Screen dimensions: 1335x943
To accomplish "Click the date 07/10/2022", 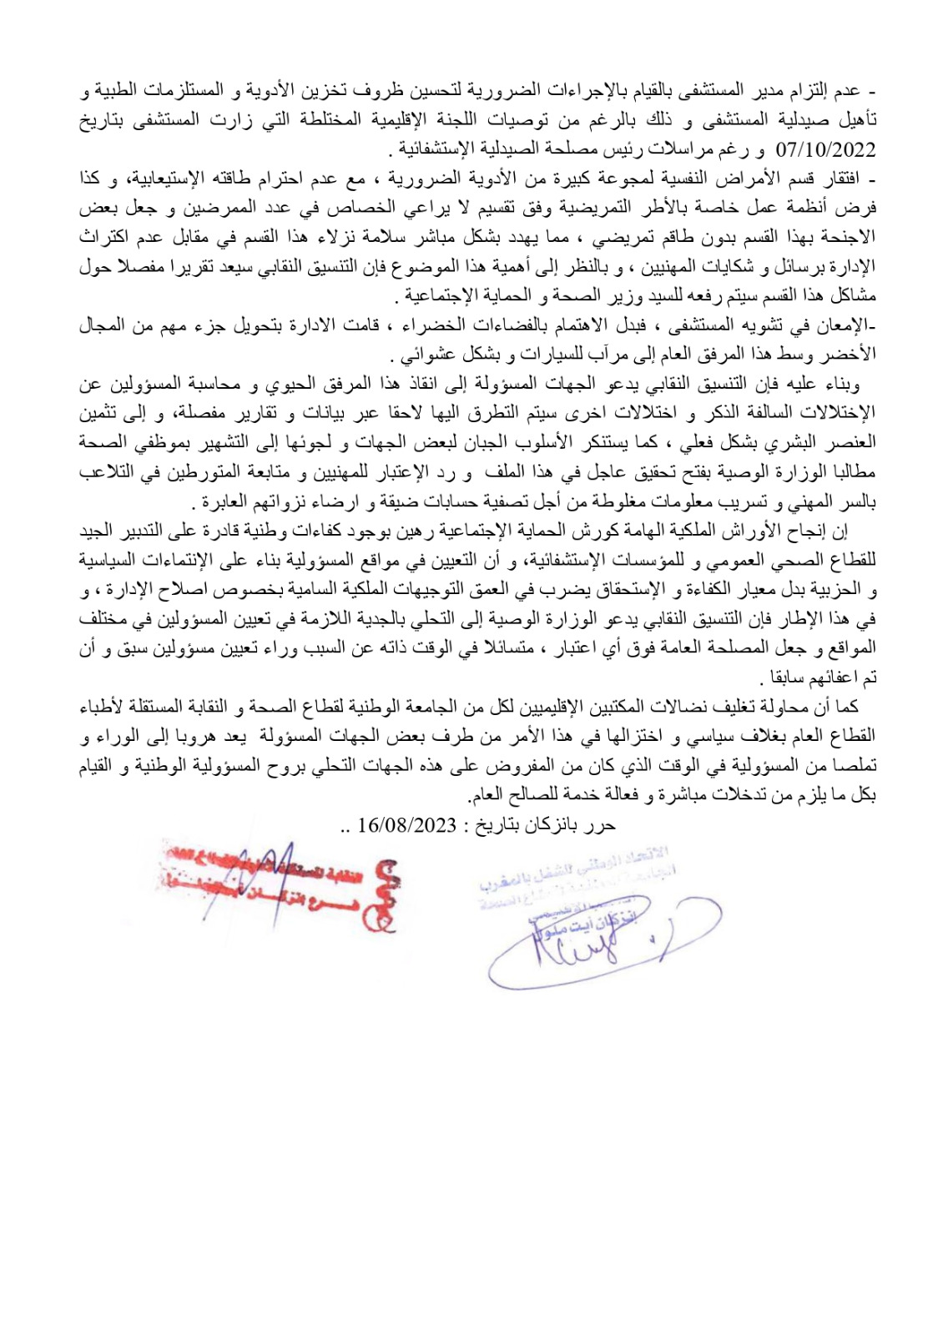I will click(825, 150).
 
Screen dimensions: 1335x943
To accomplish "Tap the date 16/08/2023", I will click(406, 825).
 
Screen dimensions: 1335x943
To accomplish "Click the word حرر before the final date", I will click(602, 825).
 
